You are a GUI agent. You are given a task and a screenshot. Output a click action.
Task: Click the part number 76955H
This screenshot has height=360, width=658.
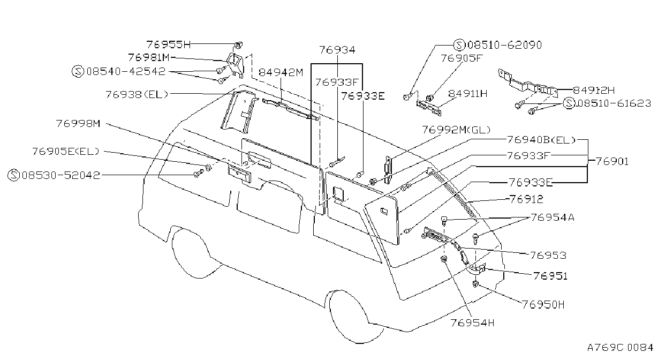(169, 44)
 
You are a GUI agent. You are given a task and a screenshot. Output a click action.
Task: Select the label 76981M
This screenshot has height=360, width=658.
(149, 57)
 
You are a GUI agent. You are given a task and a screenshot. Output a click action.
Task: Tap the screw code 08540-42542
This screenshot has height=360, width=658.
(126, 71)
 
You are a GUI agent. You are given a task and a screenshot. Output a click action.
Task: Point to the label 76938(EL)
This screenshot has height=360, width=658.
(137, 94)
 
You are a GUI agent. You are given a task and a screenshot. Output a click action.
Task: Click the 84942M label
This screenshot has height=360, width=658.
(281, 72)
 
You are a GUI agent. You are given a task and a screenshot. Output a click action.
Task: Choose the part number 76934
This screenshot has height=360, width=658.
(337, 50)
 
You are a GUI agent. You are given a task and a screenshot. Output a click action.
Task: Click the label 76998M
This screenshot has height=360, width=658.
(78, 123)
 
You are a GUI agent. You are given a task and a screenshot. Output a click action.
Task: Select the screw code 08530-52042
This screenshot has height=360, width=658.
(61, 175)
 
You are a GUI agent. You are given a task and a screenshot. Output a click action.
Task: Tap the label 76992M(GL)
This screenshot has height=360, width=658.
(456, 130)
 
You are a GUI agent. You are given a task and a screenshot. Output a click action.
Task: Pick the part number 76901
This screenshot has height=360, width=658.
(612, 161)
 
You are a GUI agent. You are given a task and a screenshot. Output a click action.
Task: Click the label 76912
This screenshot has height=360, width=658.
(526, 199)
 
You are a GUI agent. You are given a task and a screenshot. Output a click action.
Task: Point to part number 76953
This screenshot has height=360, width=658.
(548, 256)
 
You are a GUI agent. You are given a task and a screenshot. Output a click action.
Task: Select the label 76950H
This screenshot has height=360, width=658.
(543, 305)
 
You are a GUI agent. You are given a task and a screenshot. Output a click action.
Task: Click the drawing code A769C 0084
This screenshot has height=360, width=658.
(620, 348)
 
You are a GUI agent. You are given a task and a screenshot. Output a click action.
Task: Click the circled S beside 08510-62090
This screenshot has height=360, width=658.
(459, 45)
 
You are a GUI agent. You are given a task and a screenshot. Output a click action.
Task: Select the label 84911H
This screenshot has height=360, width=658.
(467, 94)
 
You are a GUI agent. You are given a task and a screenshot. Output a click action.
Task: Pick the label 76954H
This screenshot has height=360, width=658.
(472, 323)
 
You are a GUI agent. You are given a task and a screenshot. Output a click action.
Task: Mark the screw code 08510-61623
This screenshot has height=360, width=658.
(614, 103)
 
